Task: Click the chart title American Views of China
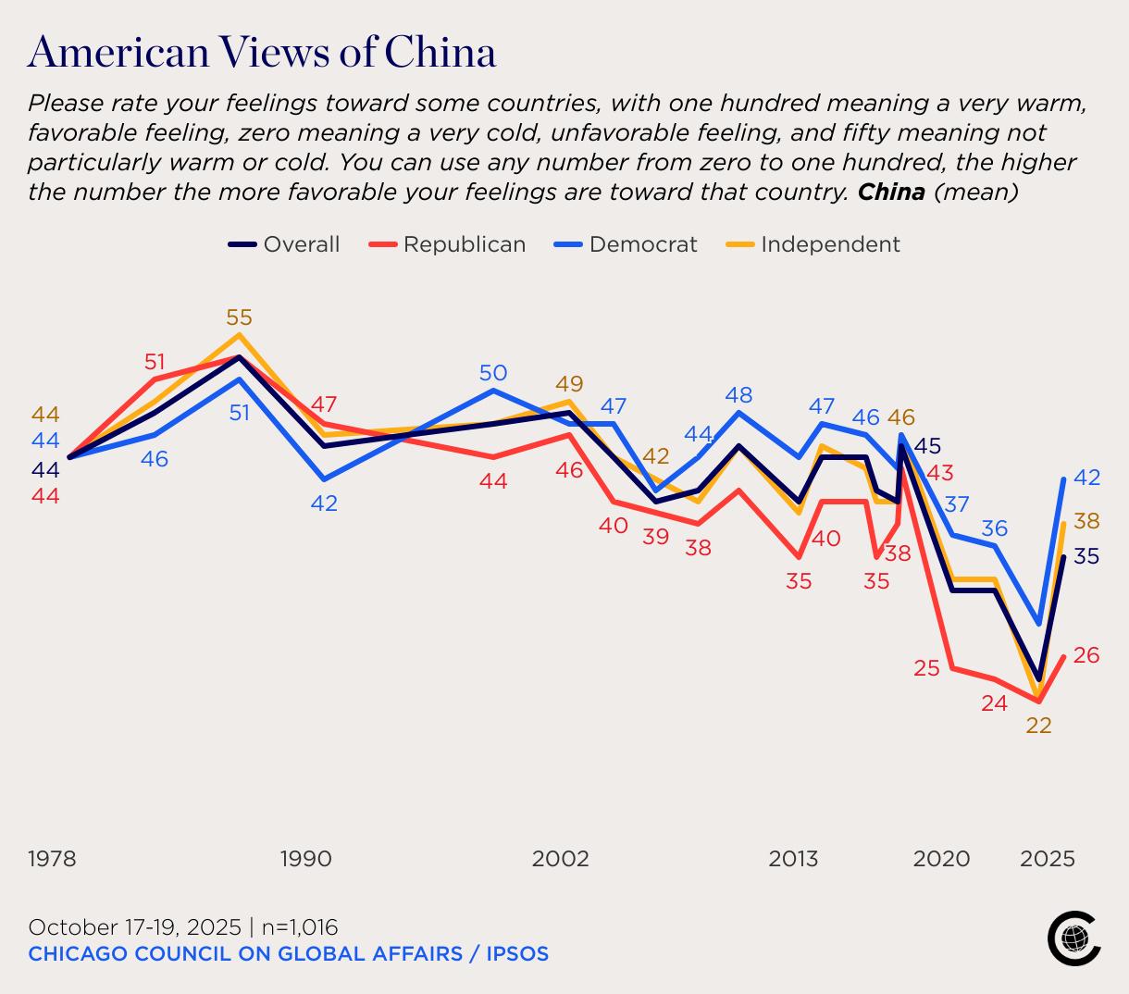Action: [x=262, y=52]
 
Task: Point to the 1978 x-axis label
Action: [x=52, y=859]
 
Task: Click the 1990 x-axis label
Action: [x=305, y=859]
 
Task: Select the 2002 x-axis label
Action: [x=560, y=859]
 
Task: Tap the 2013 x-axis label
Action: [x=793, y=859]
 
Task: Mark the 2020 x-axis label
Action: [x=941, y=859]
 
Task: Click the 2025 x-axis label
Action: [x=1048, y=859]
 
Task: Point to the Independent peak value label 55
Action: [x=239, y=317]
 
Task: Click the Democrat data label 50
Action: [x=493, y=373]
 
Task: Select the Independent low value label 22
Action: [x=1038, y=726]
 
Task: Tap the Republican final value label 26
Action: [x=1086, y=655]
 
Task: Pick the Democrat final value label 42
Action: [x=1087, y=478]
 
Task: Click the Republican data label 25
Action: [x=926, y=667]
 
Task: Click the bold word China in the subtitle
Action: [x=891, y=193]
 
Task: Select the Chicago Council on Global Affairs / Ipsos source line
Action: [x=288, y=953]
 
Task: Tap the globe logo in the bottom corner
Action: [x=1073, y=938]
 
